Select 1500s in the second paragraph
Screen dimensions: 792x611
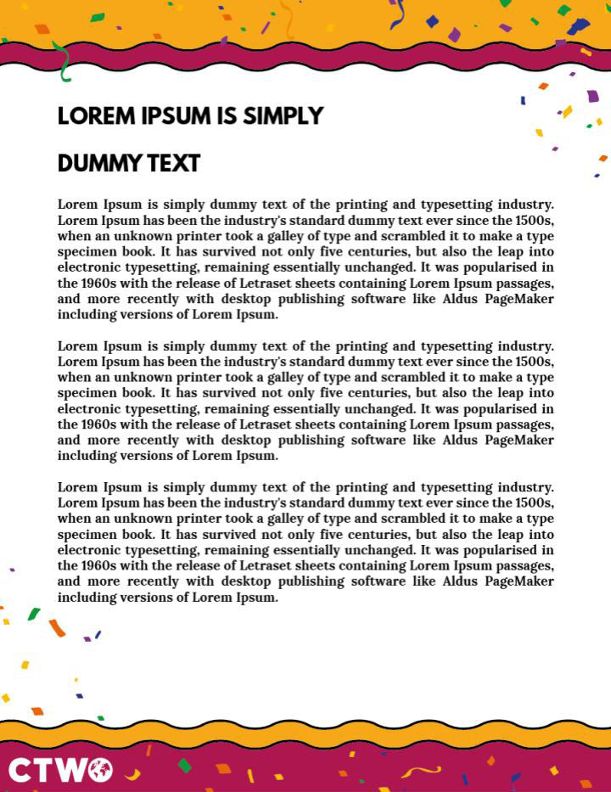pos(535,362)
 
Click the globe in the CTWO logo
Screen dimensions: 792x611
pos(99,770)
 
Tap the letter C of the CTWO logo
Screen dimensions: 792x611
pos(20,770)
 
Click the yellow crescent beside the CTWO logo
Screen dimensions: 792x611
pos(132,773)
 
